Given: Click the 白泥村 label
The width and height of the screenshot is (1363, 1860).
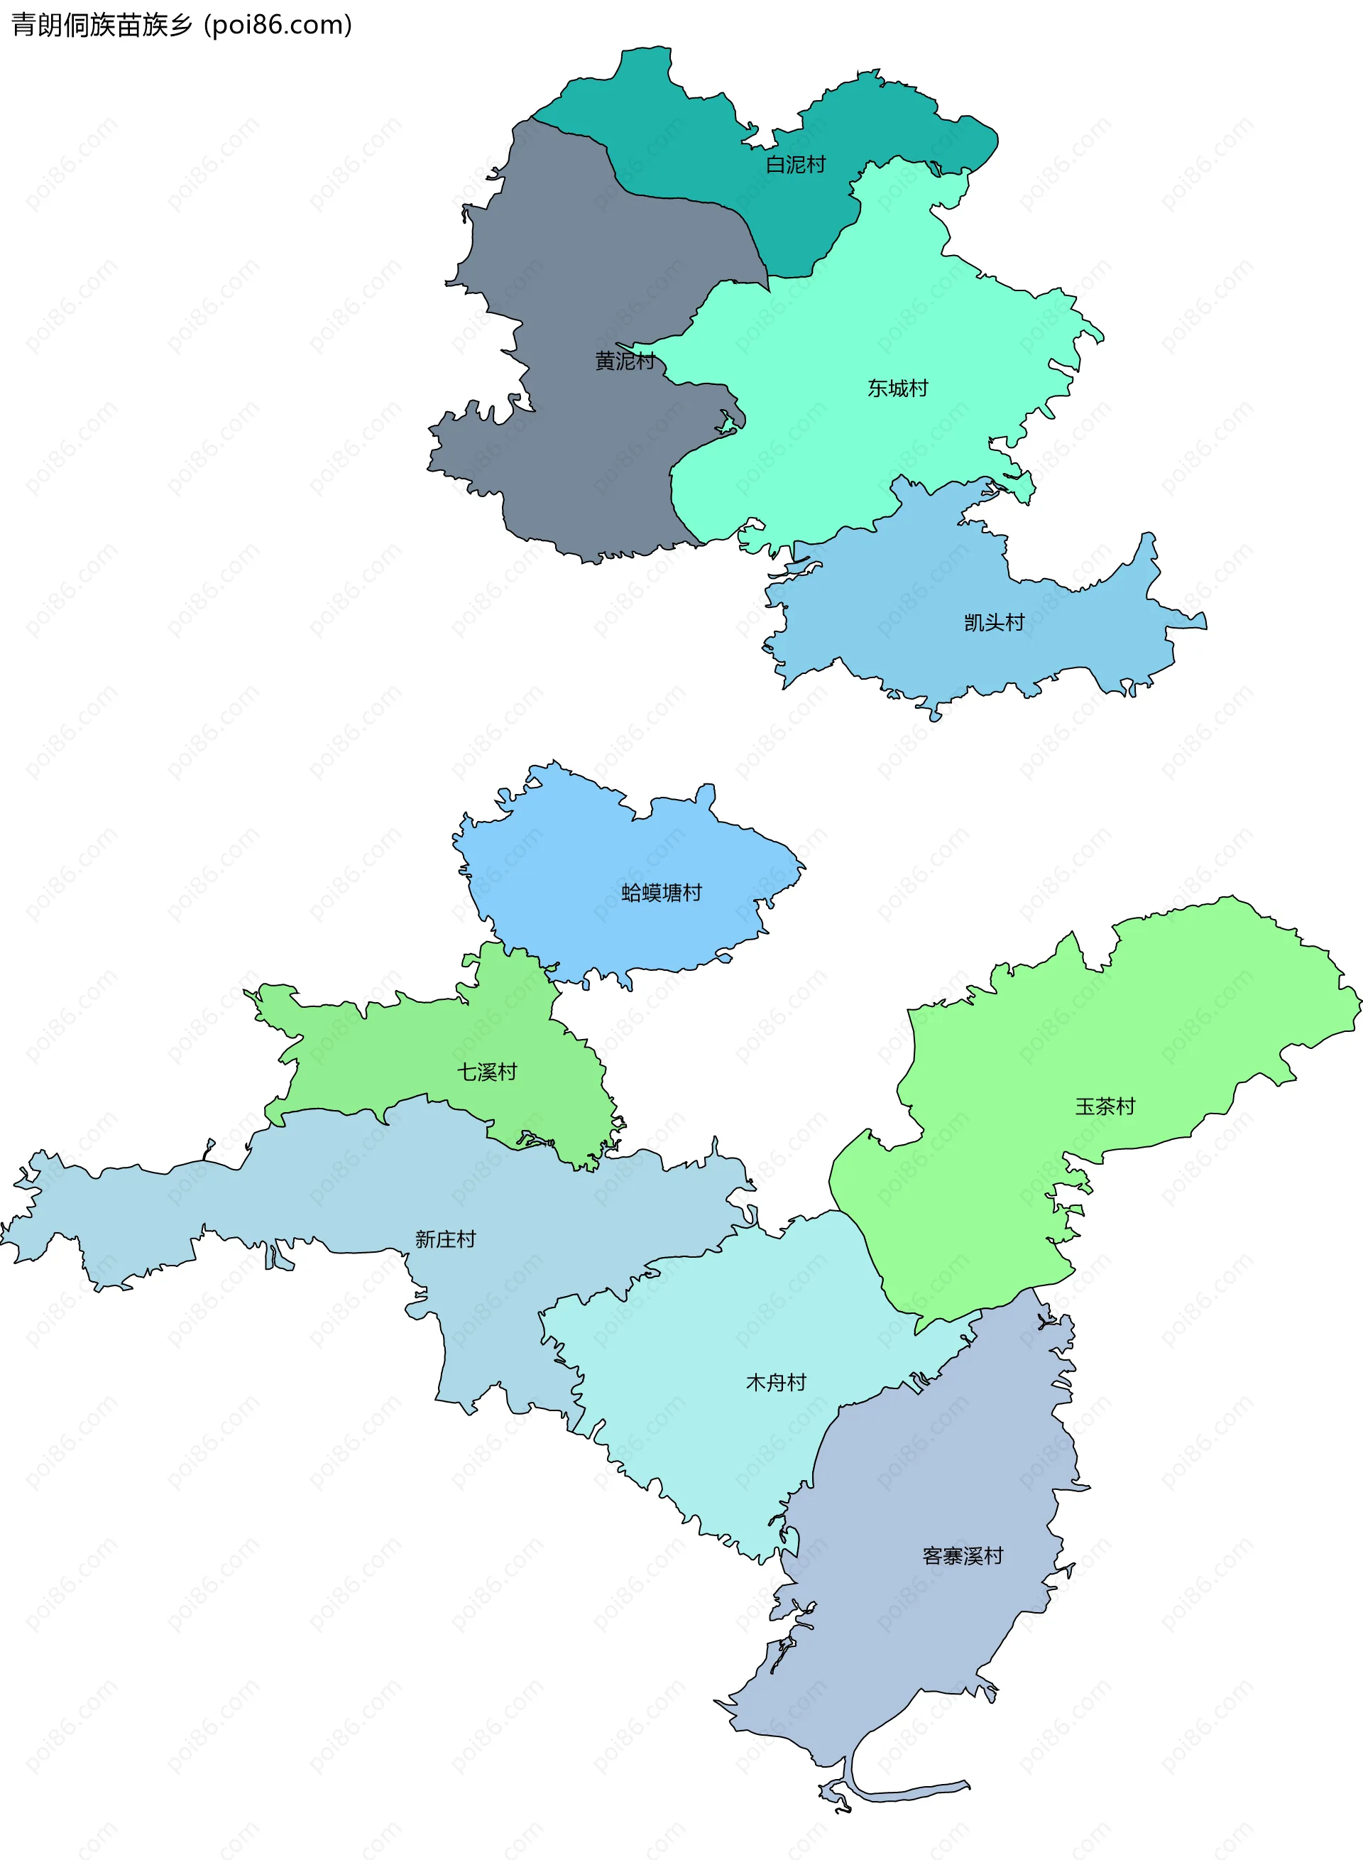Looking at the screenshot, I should coord(795,165).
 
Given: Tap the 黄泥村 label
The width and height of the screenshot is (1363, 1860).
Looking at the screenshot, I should coord(625,361).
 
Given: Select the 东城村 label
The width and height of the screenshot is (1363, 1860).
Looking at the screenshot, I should coord(898,388).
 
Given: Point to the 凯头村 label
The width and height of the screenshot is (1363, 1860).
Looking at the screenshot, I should coord(994,622).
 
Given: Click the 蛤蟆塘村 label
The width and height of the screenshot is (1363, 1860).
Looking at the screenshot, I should coord(661,893).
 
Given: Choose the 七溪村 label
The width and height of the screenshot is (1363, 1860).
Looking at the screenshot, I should coord(487,1072).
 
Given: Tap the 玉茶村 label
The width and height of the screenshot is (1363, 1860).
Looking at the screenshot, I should coord(1105,1106).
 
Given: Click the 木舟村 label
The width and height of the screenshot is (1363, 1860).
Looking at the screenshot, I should coord(775,1382).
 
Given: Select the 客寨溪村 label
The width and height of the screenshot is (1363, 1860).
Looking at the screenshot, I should coord(962,1556).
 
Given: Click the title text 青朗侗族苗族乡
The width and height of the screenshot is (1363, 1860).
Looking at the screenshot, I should coord(102,26).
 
